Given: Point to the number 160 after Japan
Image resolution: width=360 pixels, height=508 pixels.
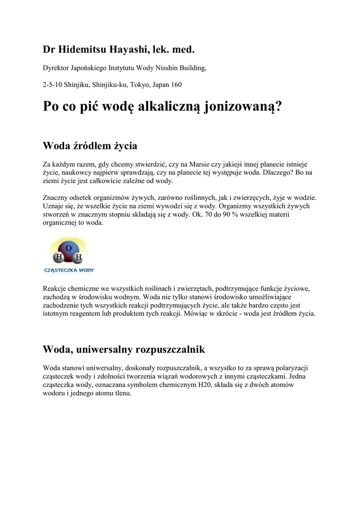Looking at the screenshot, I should (176, 85).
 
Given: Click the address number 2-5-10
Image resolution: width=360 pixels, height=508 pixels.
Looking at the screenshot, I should (53, 85).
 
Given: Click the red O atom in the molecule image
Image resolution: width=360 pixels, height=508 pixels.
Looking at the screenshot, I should (69, 248).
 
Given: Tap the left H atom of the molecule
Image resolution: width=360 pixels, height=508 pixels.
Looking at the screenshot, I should (59, 257).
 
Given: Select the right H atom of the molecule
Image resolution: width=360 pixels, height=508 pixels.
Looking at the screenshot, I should (78, 257).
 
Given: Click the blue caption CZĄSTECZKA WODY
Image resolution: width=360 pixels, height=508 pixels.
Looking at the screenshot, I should (69, 270).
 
